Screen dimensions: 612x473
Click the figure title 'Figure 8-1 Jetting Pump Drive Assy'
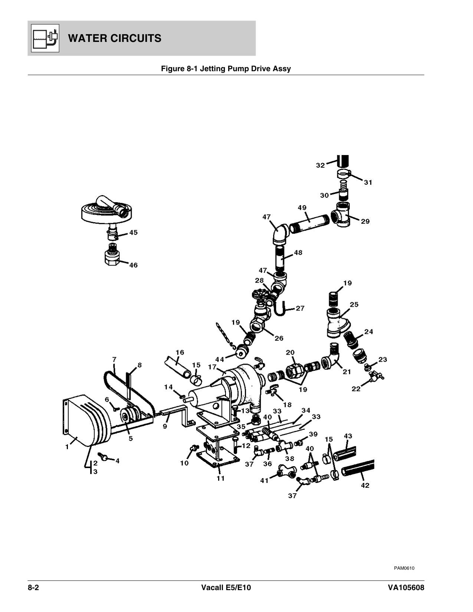tap(226, 69)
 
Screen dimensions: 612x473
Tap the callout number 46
tap(133, 265)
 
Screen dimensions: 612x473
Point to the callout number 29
tap(365, 221)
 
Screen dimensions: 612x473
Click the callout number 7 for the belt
tap(114, 359)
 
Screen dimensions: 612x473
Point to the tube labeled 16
tap(178, 365)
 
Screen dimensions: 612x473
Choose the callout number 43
tap(348, 436)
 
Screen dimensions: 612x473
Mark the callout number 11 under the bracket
tap(221, 478)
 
